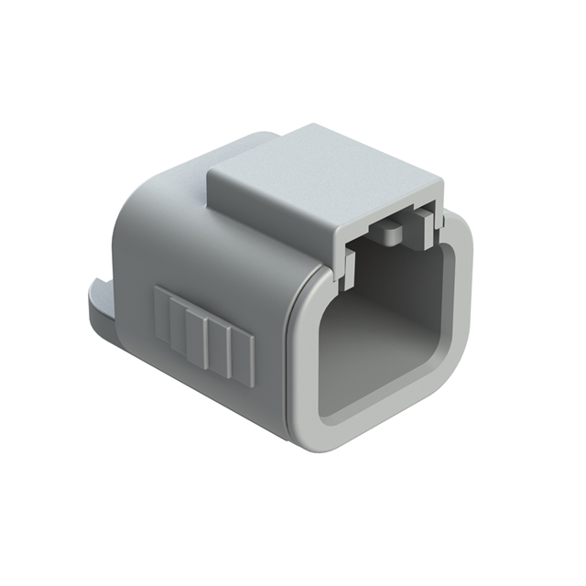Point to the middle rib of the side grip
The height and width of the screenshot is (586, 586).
pyautogui.click(x=202, y=340)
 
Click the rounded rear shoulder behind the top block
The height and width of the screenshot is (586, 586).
pyautogui.click(x=211, y=156)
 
